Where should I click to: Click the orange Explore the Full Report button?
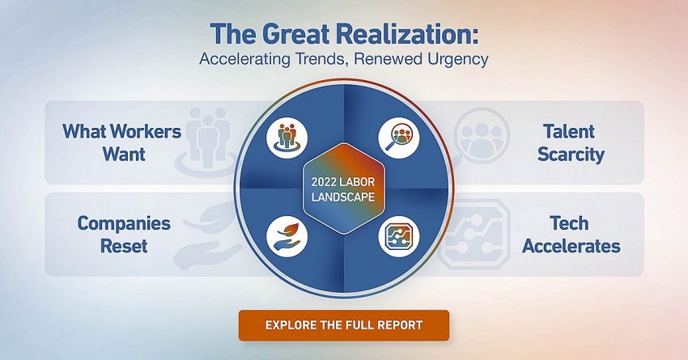(x=343, y=325)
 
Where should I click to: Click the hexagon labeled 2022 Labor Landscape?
(x=343, y=189)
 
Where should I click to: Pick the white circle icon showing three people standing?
(x=287, y=138)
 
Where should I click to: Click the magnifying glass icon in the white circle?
(x=399, y=138)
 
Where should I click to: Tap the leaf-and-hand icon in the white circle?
(x=287, y=235)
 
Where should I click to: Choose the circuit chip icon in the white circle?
(x=399, y=235)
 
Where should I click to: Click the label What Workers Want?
(x=122, y=143)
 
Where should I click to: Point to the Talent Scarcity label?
(x=571, y=143)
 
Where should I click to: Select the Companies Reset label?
(x=124, y=235)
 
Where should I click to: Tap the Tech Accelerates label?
(x=571, y=235)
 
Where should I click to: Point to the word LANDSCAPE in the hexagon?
(x=343, y=196)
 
